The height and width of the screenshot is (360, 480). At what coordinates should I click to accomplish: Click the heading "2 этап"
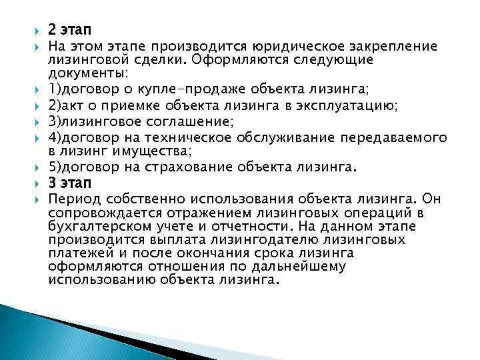70,30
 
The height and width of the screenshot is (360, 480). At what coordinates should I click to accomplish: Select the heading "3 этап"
70,183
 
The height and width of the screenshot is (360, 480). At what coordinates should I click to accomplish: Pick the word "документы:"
90,73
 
